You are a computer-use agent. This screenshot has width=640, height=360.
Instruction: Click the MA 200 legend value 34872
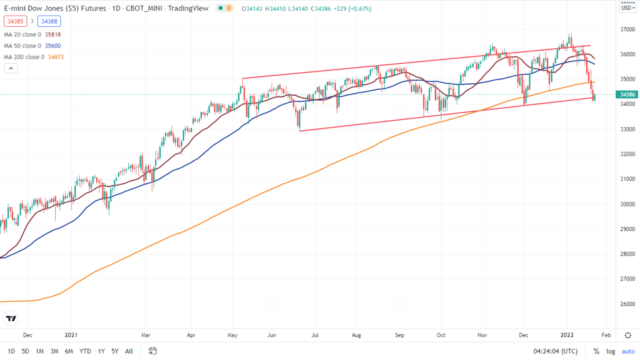[x=55, y=57]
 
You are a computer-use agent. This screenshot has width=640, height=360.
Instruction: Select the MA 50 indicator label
[x=23, y=46]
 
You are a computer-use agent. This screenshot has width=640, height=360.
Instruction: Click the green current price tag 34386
[x=627, y=95]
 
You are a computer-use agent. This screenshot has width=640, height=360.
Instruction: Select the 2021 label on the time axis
[x=71, y=335]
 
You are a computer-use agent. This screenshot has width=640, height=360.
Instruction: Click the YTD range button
[x=85, y=351]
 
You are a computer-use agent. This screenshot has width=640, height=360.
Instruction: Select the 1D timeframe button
[x=11, y=351]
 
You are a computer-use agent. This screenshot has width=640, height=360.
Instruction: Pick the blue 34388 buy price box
[x=48, y=21]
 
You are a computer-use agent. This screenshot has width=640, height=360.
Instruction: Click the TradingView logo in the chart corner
[x=11, y=319]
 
